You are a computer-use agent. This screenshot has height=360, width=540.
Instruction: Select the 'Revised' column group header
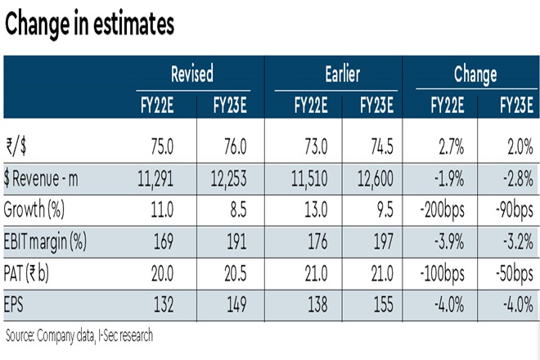(191, 74)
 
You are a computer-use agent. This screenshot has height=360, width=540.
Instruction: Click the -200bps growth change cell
(442, 210)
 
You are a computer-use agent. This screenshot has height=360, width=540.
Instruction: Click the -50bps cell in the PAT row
(510, 274)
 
